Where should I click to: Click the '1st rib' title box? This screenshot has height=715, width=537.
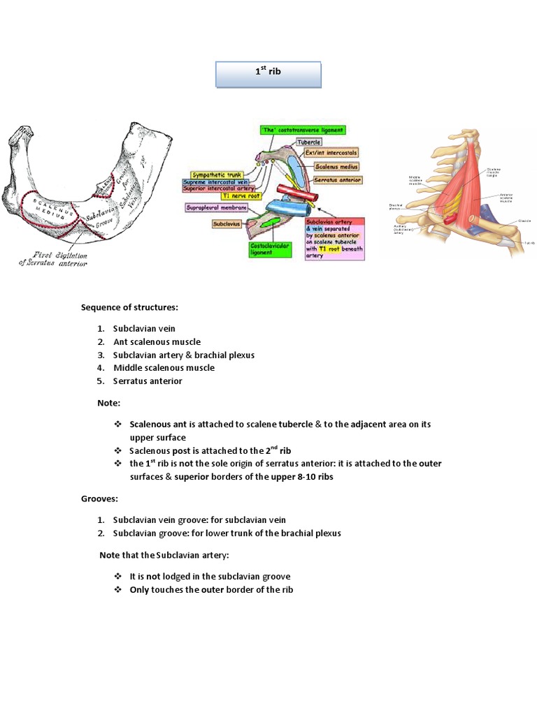click(268, 75)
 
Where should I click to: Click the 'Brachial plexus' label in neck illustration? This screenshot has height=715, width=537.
click(396, 207)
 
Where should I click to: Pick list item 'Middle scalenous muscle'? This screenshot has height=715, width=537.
click(164, 368)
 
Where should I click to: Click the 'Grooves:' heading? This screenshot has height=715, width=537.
click(99, 499)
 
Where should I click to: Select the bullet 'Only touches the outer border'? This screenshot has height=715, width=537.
click(211, 590)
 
